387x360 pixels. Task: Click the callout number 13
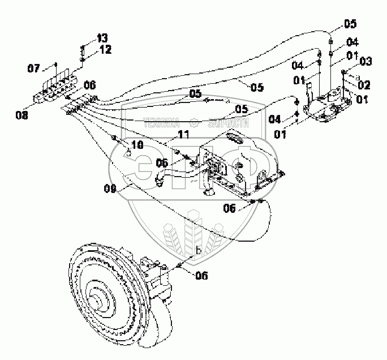point(102,38)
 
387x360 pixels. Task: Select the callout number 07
point(35,68)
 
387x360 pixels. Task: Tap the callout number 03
point(365,60)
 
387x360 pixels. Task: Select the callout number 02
point(364,85)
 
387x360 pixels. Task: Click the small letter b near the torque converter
point(198,251)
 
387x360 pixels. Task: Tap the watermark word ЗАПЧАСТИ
point(229,123)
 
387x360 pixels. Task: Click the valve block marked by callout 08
point(57,91)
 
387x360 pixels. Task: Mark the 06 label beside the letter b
point(201,276)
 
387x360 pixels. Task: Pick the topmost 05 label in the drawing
point(351,24)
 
